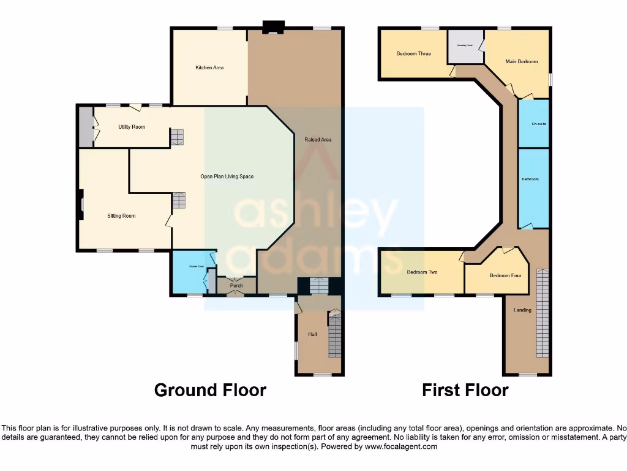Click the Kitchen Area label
click(x=209, y=67)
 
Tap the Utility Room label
click(x=132, y=127)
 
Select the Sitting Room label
click(x=121, y=216)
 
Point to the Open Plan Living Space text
click(x=227, y=177)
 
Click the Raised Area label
click(x=318, y=140)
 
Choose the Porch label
click(x=236, y=285)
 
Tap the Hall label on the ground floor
click(x=312, y=334)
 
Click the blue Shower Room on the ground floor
click(x=190, y=274)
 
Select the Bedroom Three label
click(x=413, y=54)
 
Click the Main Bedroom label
click(x=522, y=62)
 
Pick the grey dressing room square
click(x=465, y=47)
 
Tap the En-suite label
click(x=538, y=124)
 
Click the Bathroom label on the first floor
click(x=530, y=179)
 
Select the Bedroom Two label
click(x=422, y=272)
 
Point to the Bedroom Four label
click(x=505, y=275)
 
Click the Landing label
click(x=522, y=310)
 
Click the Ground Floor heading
click(x=210, y=390)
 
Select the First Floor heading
click(x=465, y=390)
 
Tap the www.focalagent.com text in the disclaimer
click(x=400, y=447)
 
